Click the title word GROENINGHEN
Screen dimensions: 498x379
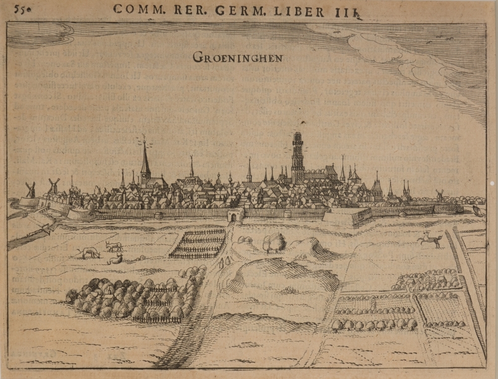click(238, 58)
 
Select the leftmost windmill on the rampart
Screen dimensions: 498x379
click(30, 189)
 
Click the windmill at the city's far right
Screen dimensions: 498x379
click(439, 195)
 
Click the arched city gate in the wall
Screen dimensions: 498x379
click(235, 215)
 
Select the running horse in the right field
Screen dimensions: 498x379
click(431, 240)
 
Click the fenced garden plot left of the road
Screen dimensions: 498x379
click(198, 244)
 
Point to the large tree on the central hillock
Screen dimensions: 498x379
click(274, 242)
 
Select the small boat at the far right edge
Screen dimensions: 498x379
click(479, 211)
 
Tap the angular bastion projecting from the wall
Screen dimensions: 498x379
click(349, 217)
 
